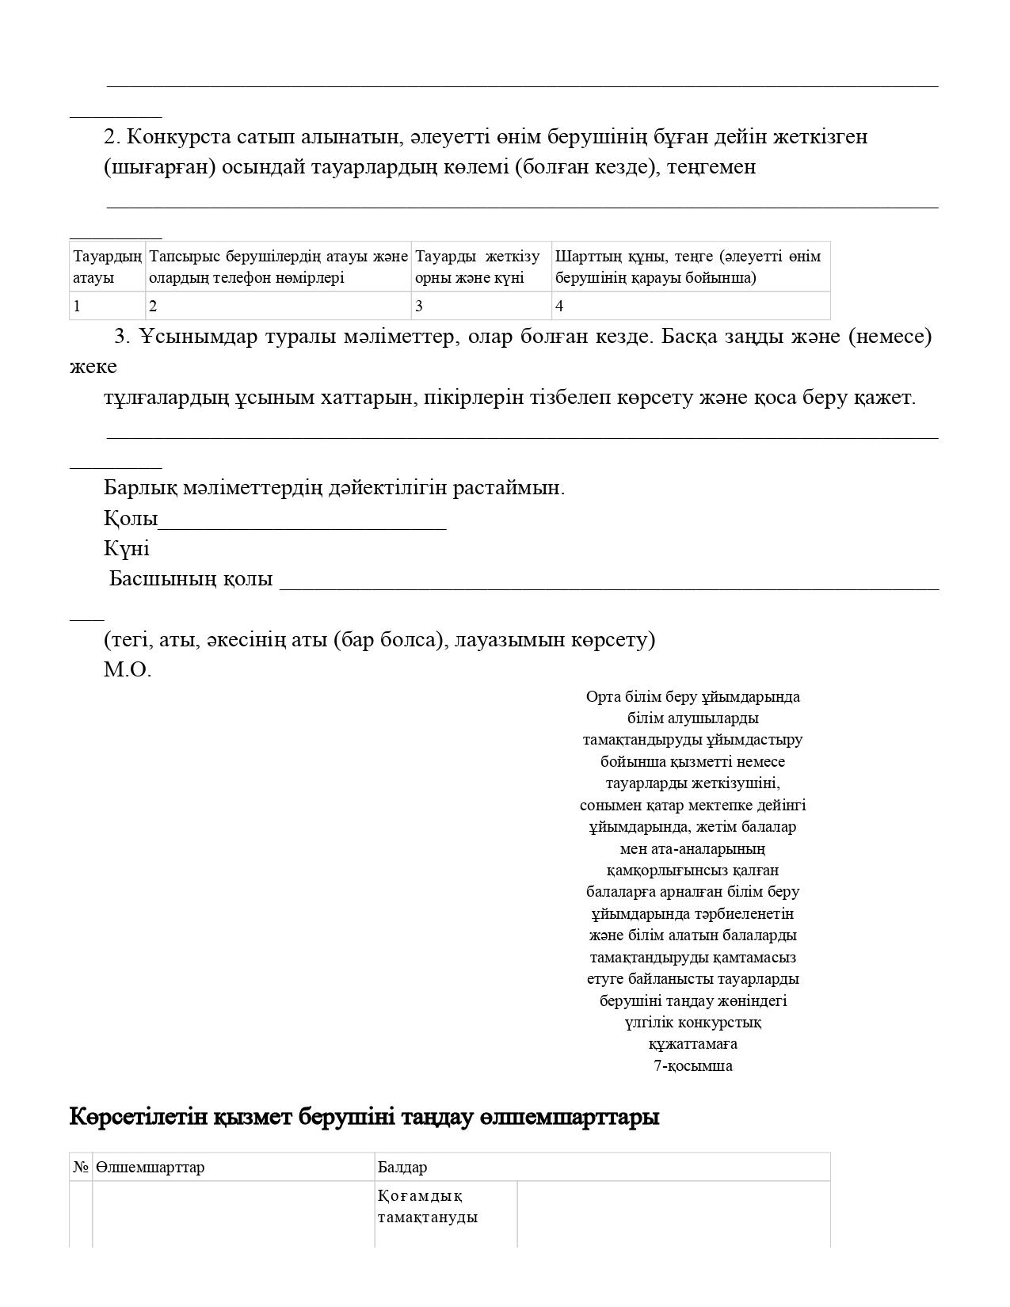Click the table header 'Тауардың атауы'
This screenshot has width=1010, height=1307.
point(107,267)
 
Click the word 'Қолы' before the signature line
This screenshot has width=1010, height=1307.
point(131,519)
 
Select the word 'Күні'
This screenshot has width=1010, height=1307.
point(127,549)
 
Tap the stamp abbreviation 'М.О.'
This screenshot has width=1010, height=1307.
point(128,670)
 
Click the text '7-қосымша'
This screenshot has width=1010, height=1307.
point(692,1066)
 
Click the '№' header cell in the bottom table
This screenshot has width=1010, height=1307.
point(81,1168)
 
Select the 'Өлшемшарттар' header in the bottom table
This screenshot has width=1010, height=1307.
point(150,1168)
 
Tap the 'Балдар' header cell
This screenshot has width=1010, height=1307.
point(402,1168)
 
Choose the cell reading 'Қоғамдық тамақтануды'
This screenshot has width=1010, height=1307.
point(428,1206)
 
